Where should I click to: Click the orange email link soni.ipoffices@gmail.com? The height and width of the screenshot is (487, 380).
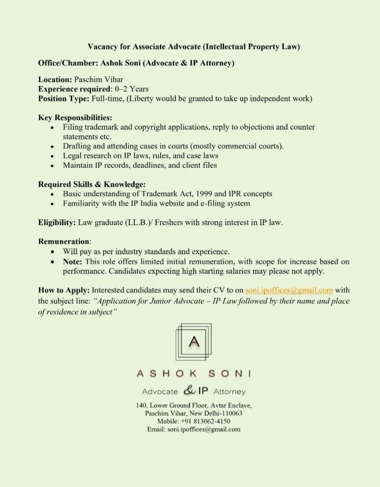pos(289,290)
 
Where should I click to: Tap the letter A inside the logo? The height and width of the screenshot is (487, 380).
pos(193,342)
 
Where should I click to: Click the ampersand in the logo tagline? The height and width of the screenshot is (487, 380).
pos(189,391)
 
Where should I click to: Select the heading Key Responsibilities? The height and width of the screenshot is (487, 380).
pos(75,117)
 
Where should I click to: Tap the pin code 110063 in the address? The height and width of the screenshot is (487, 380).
pos(230,413)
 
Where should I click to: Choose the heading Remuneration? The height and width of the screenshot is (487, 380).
pos(64,241)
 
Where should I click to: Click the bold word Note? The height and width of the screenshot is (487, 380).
pos(73,261)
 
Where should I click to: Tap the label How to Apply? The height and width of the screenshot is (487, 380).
pos(64,290)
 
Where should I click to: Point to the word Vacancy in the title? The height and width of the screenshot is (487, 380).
pos(103,47)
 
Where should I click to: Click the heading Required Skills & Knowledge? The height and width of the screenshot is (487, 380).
pos(92,184)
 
